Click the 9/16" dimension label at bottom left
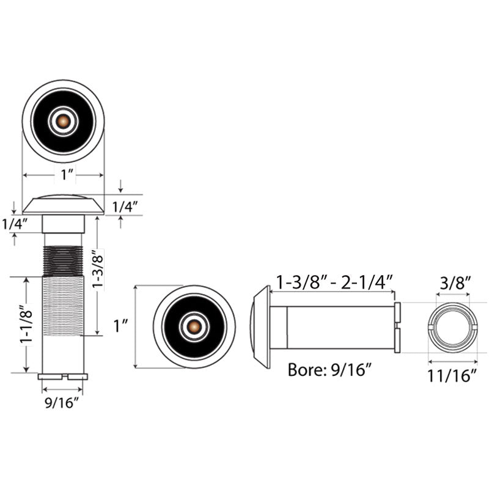[62, 403]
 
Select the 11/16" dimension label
[452, 375]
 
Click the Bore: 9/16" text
[329, 370]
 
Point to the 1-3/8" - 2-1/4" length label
[334, 282]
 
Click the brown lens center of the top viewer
[64, 120]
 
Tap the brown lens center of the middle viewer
[194, 326]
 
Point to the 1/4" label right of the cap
[125, 207]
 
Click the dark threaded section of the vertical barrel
[63, 261]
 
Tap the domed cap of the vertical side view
[64, 205]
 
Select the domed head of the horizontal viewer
[260, 327]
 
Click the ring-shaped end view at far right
[452, 328]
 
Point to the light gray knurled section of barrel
[63, 306]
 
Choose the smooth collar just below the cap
[64, 224]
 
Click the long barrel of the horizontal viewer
[333, 328]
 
